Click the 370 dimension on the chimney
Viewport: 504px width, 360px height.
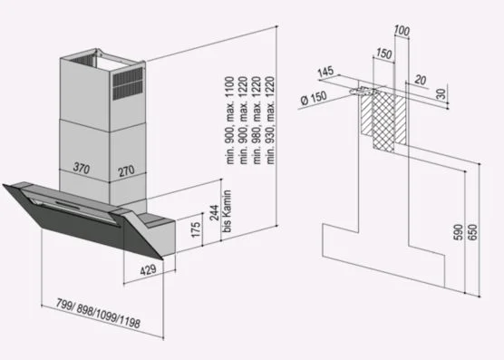82,168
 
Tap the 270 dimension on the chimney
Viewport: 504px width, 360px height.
126,170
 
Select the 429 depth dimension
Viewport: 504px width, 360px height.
148,270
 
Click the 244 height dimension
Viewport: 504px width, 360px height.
214,212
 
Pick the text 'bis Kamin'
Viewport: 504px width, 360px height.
228,211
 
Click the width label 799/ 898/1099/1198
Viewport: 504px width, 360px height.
99,314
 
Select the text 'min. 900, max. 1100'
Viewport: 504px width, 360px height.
230,121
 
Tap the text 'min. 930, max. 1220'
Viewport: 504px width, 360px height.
270,121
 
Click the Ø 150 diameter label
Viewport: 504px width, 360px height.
314,98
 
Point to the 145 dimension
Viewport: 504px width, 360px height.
326,72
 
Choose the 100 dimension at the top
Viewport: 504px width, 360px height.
402,31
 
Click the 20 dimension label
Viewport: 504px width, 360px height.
420,80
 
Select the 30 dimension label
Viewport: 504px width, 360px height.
442,94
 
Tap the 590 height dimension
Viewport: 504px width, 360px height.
458,232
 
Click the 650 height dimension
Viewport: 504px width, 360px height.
472,232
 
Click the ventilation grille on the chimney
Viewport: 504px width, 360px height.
128,83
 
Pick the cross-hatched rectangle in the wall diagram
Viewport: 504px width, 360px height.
383,122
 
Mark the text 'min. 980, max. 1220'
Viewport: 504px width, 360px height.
257,121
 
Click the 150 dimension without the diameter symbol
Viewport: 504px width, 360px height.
384,54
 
